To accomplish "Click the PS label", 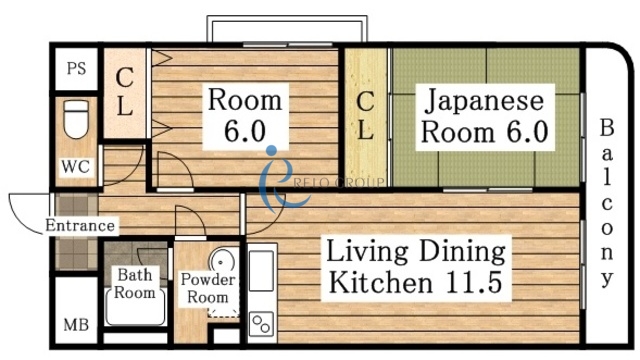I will [76, 69].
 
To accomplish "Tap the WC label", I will [76, 166].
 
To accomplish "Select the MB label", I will [76, 325].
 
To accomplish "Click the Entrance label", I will [79, 225].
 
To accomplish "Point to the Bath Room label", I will [136, 283].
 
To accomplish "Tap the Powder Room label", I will [208, 288].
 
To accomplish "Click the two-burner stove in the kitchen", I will [262, 323].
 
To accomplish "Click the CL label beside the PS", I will [125, 92].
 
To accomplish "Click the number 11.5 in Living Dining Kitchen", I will [468, 281].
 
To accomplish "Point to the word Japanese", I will [484, 100].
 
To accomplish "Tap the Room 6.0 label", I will [245, 115].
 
